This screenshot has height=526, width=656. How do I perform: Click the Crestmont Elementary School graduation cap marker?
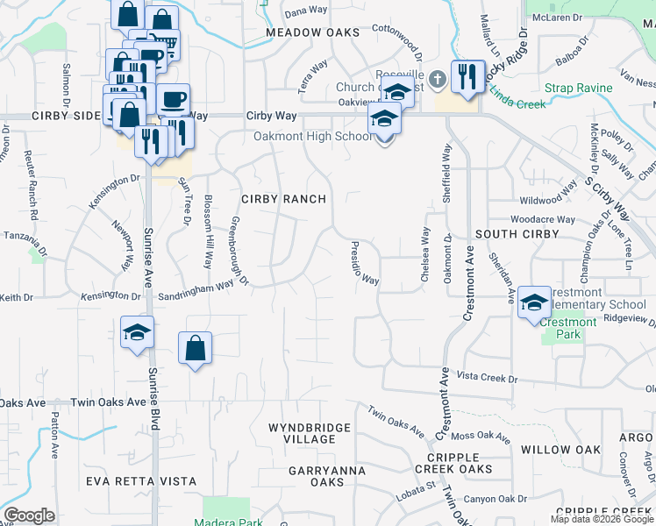(532, 303)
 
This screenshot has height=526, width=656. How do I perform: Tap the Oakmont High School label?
(313, 136)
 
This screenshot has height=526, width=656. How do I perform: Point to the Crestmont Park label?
(568, 323)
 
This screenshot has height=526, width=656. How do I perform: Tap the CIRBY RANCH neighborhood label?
(282, 199)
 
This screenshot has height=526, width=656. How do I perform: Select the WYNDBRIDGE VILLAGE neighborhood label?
(310, 433)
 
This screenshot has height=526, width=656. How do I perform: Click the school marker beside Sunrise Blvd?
(138, 332)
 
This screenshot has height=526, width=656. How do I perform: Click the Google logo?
(30, 515)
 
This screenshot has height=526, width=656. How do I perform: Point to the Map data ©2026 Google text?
(602, 519)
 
